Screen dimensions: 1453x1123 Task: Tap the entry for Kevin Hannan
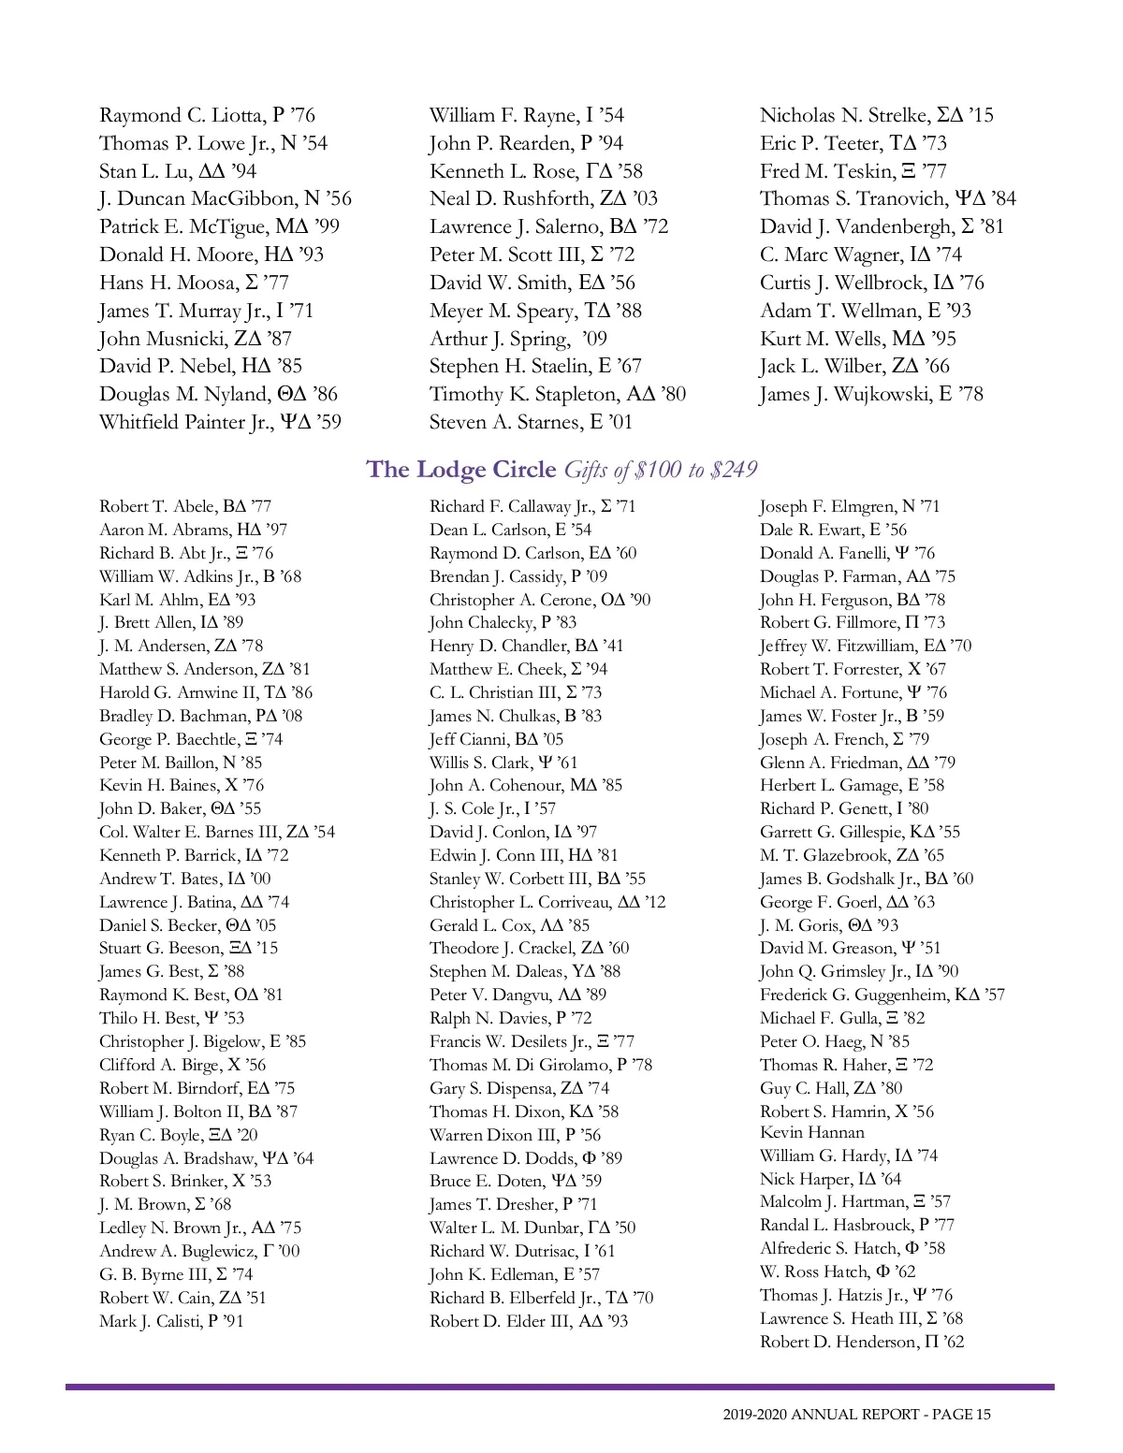811,1133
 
